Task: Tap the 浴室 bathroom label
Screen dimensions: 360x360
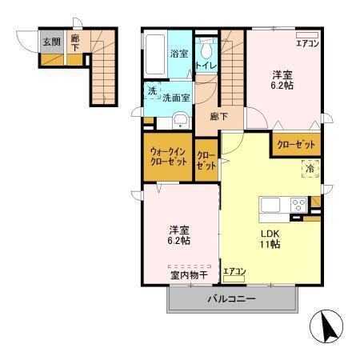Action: (x=178, y=54)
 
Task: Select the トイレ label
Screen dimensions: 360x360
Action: (x=206, y=64)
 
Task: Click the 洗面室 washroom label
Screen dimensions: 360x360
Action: (x=176, y=98)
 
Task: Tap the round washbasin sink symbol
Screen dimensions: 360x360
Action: (x=181, y=122)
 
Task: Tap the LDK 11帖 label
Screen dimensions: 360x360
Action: (x=269, y=240)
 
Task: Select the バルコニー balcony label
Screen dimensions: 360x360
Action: (x=232, y=301)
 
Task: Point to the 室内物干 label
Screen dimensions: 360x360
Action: (x=188, y=274)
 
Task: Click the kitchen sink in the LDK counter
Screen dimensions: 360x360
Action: (x=270, y=205)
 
